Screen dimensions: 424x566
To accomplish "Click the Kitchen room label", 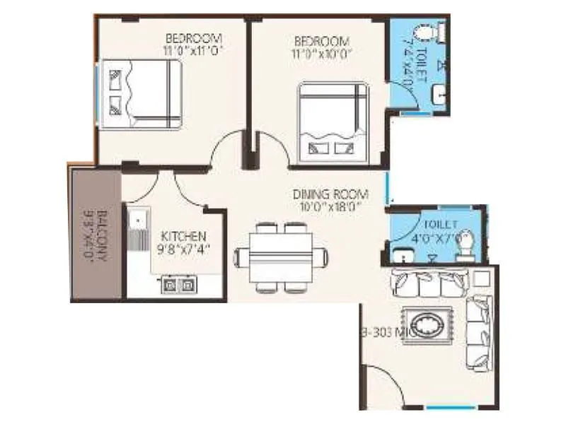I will click(183, 236).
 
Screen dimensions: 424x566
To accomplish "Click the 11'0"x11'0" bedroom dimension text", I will click(194, 51).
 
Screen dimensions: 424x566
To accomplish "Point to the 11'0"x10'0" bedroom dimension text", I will click(322, 53).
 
